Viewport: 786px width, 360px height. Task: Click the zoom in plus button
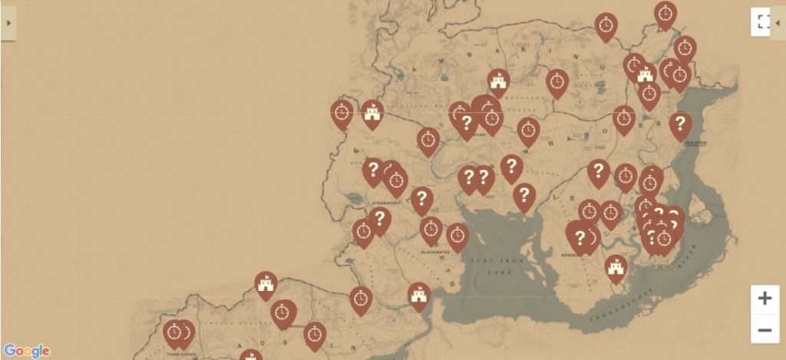tap(765, 299)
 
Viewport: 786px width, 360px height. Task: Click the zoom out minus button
tap(765, 330)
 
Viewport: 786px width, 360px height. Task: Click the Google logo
tap(26, 351)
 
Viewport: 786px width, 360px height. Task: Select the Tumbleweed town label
tap(182, 355)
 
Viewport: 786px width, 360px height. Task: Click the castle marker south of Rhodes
tap(616, 267)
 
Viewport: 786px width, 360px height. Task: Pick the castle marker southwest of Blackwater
tap(419, 295)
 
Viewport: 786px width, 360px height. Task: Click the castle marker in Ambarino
tap(498, 81)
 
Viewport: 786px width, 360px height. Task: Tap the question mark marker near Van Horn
tap(680, 124)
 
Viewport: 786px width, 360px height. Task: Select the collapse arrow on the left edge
tap(8, 23)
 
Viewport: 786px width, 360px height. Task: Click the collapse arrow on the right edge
tap(779, 22)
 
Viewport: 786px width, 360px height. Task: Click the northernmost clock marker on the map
tap(665, 13)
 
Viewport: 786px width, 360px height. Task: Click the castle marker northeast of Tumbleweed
tap(266, 284)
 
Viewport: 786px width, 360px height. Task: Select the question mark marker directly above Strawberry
tap(374, 170)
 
